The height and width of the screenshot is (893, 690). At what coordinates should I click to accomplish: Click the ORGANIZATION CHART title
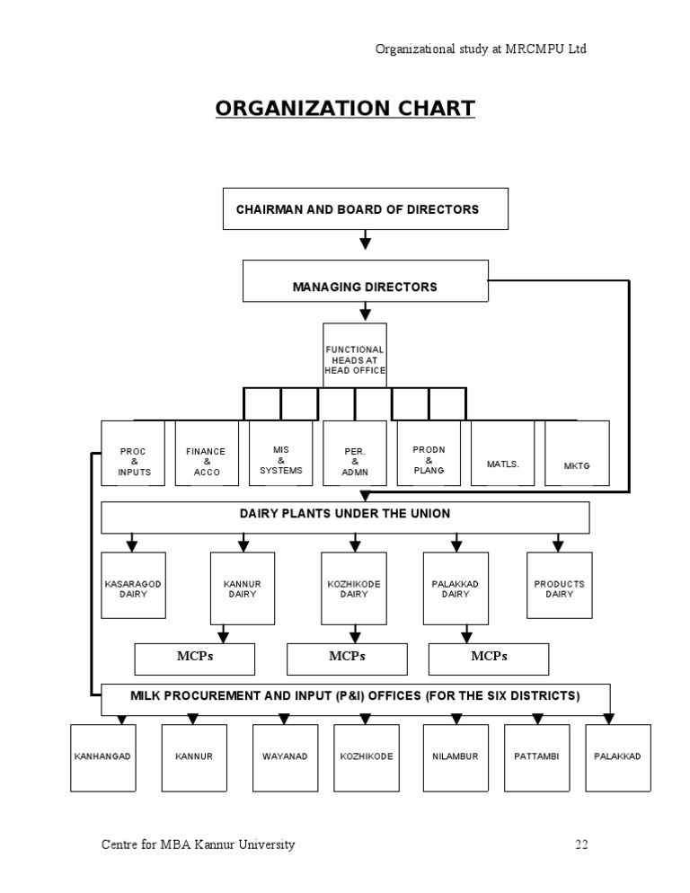(x=345, y=109)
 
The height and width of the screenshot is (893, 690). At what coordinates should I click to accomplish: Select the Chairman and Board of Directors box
(x=365, y=208)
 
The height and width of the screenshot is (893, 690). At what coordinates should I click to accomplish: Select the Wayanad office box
(x=285, y=757)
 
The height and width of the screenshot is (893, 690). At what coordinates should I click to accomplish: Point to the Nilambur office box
(x=456, y=757)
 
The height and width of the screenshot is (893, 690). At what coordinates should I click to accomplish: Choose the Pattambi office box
(x=536, y=757)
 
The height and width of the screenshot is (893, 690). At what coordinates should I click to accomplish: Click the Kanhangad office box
(x=102, y=757)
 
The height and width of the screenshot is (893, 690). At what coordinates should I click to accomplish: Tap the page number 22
(x=581, y=844)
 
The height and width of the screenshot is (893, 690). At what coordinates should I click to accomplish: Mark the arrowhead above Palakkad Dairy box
(x=456, y=544)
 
